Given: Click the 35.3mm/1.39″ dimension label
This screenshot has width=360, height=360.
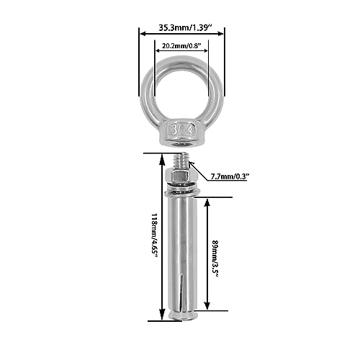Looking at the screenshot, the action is pos(185,27).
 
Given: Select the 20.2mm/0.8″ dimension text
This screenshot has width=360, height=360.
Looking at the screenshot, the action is pos(181,45).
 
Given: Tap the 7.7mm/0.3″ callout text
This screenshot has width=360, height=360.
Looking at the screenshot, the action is pos(230,176).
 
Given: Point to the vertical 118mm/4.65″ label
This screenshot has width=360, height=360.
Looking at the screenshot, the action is pos(155,235).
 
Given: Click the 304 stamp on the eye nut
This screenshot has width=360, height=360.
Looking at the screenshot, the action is pos(183,131).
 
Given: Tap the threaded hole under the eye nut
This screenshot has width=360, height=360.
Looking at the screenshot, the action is pos(183,144).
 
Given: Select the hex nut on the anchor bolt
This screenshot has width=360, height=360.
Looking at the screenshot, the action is pos(177,176).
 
